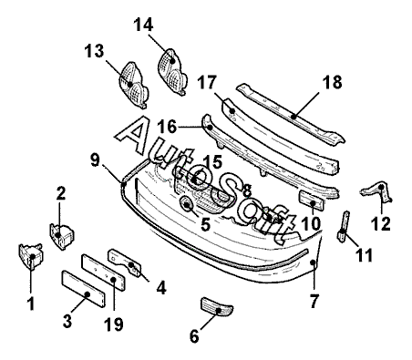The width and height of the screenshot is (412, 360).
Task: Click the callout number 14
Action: pyautogui.click(x=143, y=25)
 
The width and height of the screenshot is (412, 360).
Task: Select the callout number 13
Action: pyautogui.click(x=94, y=51)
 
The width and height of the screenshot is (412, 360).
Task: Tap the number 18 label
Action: pyautogui.click(x=332, y=82)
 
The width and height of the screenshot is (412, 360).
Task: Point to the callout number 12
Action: pyautogui.click(x=380, y=224)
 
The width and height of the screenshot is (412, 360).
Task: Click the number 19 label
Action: pyautogui.click(x=114, y=324)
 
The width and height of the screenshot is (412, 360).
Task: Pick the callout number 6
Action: pyautogui.click(x=194, y=336)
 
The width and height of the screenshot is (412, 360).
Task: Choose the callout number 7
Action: pyautogui.click(x=314, y=302)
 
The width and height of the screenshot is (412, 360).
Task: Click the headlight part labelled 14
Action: pyautogui.click(x=172, y=72)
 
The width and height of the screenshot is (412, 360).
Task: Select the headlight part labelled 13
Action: pyautogui.click(x=133, y=85)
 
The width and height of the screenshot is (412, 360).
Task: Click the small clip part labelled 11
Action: pyautogui.click(x=343, y=227)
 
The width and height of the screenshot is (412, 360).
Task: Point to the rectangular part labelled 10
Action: pyautogui.click(x=312, y=201)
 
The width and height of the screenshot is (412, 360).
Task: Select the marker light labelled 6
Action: pyautogui.click(x=217, y=306)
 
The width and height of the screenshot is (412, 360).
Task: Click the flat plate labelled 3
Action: pyautogui.click(x=84, y=289)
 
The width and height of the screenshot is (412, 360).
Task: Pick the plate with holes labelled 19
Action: pyautogui.click(x=103, y=273)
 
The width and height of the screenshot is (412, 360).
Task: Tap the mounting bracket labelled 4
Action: pyautogui.click(x=125, y=262)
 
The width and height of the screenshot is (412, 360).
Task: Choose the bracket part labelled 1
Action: pyautogui.click(x=31, y=257)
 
